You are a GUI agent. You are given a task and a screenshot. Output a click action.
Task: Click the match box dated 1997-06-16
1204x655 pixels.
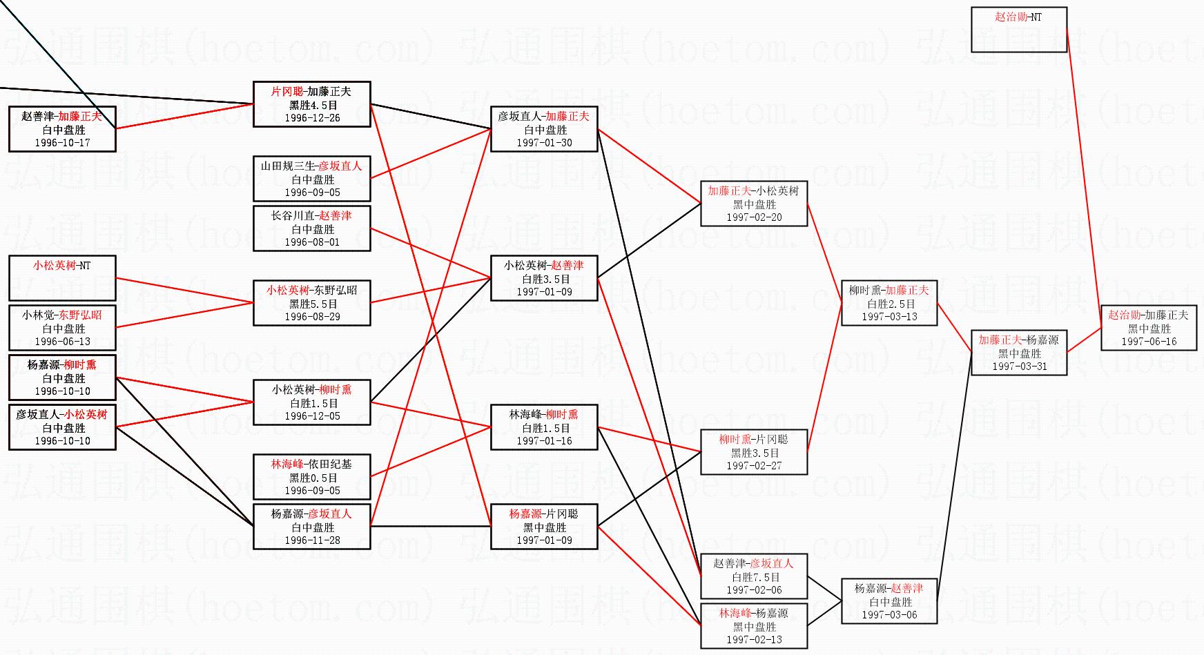pos(1148,328)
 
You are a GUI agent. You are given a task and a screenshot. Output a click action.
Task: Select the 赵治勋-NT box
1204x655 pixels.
pos(1018,30)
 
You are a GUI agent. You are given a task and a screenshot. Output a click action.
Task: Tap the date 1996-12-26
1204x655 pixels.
pos(312,118)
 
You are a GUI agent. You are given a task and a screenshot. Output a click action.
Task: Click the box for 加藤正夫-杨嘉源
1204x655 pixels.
pos(1018,353)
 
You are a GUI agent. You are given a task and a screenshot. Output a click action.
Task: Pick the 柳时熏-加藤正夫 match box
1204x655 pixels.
pos(889,303)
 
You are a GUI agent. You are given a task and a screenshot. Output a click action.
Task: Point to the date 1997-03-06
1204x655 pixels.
pos(889,615)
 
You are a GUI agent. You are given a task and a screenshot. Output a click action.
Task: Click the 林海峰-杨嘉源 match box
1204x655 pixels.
pos(753,626)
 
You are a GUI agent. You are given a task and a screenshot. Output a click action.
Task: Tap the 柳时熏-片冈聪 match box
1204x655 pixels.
pos(753,452)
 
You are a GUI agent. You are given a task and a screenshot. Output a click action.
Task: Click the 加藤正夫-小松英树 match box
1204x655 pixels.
pos(753,204)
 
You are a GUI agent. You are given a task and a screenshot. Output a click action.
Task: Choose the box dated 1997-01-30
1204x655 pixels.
pos(544,129)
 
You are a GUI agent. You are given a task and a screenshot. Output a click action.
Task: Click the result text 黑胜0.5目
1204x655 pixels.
pos(313,478)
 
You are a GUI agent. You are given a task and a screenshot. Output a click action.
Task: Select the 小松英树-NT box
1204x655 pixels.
pos(62,278)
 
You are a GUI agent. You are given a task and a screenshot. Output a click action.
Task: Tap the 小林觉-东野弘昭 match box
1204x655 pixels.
pos(62,328)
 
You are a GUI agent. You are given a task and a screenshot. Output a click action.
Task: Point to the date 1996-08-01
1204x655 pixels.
pos(312,242)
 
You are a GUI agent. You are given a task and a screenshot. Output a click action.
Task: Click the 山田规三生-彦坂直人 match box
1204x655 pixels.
pos(311,179)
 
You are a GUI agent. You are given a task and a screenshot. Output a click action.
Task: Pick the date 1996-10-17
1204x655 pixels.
pos(62,143)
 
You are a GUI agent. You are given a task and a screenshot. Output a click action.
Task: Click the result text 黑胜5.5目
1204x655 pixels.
pos(313,304)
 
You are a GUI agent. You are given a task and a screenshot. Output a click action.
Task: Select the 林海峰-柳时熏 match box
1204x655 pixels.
pos(544,427)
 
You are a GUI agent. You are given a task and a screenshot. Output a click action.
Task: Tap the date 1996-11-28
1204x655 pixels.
pos(312,540)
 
